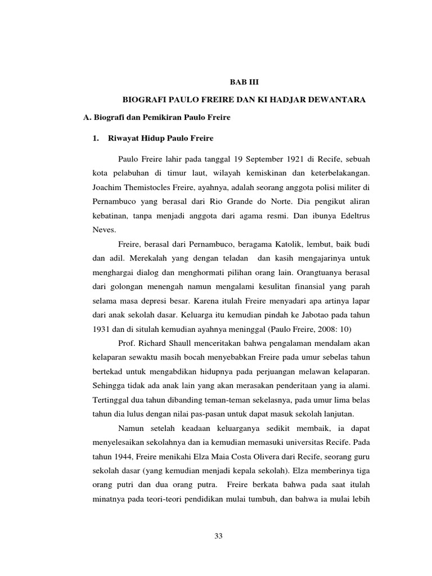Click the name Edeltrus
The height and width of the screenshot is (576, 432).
[351, 215]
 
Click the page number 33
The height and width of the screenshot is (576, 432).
[219, 535]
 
